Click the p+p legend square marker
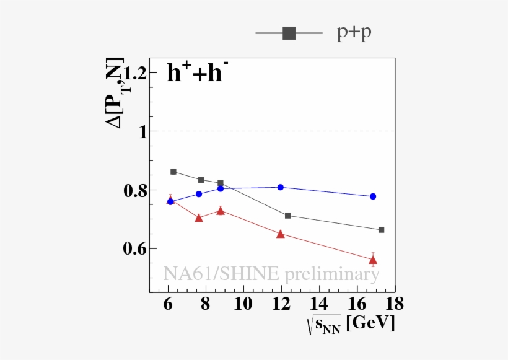pos(289,33)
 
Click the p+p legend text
pos(354,33)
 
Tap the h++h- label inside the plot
pos(198,74)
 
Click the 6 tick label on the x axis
pos(168,304)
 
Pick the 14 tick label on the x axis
pos(319,304)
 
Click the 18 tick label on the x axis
pos(394,304)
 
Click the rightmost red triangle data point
pos(373,260)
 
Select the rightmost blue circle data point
pos(373,196)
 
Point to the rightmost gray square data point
pos(381,230)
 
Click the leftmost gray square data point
pos(173,172)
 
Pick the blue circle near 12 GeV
pos(281,187)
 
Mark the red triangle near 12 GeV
pos(281,234)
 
